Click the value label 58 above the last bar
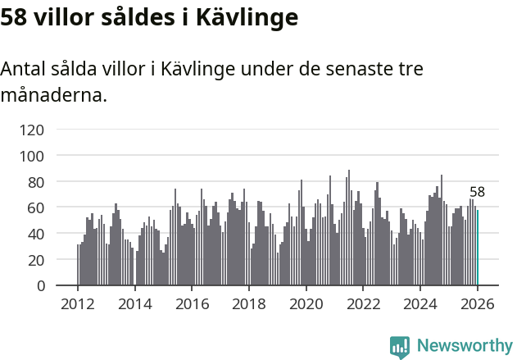coord(477,193)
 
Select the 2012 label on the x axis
coord(78,303)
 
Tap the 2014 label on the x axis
coord(135,303)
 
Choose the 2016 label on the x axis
coord(192,303)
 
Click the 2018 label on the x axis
coord(249,303)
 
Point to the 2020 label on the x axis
coord(306,303)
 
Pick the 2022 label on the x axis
coord(364,303)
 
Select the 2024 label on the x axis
coord(421,303)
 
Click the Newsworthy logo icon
coord(400,347)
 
